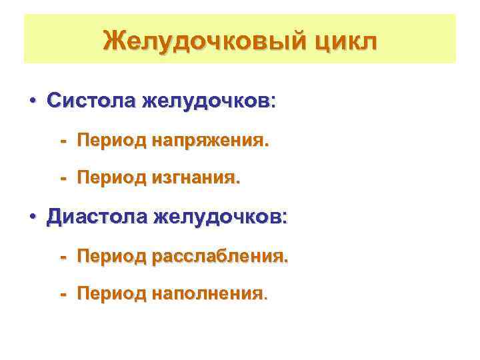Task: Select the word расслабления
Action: tap(219, 257)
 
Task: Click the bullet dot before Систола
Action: tap(32, 102)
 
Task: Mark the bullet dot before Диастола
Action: tap(32, 218)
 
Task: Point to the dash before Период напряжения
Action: tap(64, 141)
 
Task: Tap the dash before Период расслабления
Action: tap(64, 257)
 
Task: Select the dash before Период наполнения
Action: tap(64, 293)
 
